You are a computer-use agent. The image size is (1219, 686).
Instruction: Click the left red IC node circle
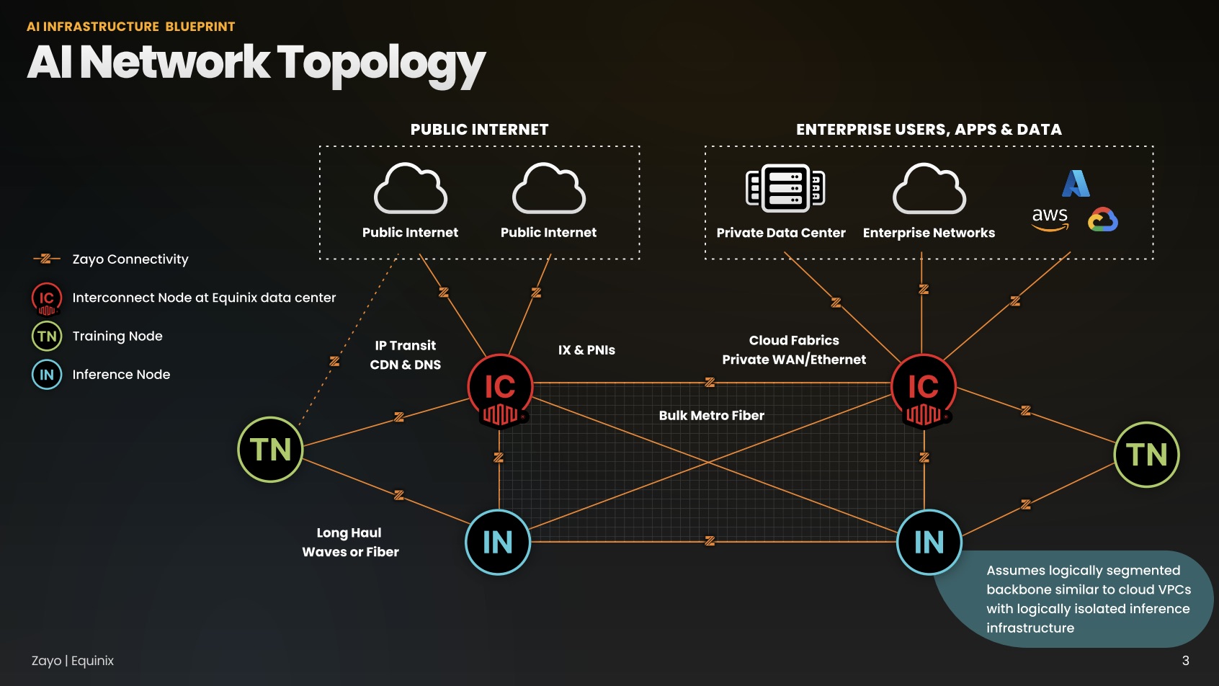point(500,388)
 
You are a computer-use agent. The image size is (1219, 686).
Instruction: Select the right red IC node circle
point(924,388)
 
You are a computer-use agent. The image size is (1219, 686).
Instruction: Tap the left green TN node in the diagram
point(270,450)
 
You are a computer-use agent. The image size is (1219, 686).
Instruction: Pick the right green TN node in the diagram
point(1146,455)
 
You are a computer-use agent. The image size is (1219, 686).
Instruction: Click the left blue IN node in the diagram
point(497,542)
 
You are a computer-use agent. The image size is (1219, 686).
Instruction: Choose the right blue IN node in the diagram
point(929,542)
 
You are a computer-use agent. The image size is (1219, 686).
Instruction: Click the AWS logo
point(1050,218)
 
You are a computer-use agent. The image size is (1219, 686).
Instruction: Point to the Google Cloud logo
point(1102,219)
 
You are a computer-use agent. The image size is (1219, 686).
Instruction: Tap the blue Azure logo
point(1076,183)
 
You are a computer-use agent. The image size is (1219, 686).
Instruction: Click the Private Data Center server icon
point(785,187)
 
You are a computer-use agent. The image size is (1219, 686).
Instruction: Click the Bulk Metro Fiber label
point(711,416)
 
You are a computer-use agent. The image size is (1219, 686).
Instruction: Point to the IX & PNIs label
point(586,350)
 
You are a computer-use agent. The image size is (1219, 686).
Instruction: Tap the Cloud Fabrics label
point(794,340)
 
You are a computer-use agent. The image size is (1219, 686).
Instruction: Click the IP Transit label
point(405,346)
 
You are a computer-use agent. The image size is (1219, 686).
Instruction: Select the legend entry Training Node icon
point(47,336)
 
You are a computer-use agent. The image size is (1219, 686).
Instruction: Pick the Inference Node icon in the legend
point(47,375)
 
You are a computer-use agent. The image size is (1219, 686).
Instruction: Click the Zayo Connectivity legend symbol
point(46,259)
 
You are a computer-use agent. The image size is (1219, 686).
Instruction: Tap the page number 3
point(1185,661)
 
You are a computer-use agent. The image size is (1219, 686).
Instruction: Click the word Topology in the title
point(381,63)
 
